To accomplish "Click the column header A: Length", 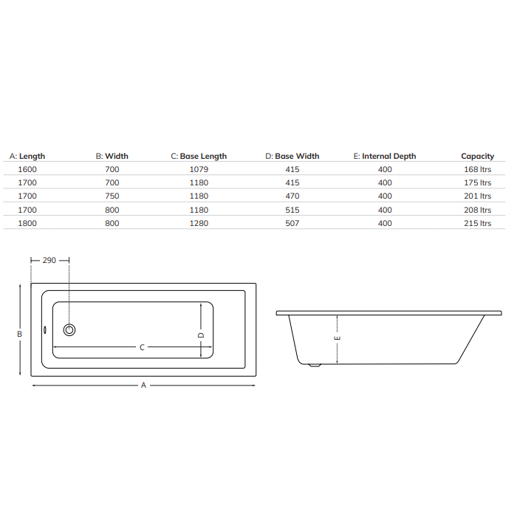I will pos(27,156).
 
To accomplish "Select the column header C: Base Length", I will pos(199,156).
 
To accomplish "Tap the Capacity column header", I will pos(477,156).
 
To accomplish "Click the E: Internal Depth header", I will pos(385,156).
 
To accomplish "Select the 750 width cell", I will pos(112,196).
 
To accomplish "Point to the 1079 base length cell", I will pos(199,169).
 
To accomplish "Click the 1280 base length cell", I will pos(199,223).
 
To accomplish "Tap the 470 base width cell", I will pos(292,196).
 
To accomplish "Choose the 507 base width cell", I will pos(292,223).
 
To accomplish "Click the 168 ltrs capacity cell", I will pos(477,169).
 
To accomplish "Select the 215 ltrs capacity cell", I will pos(477,223).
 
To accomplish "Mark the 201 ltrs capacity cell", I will pos(477,196).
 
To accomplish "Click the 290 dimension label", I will pos(49,260).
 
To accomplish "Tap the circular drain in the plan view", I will pos(69,330).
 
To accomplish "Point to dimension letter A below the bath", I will pos(143,385).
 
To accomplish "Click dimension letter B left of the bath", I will pos(19,334).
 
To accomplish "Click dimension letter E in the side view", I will pos(338,339).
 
